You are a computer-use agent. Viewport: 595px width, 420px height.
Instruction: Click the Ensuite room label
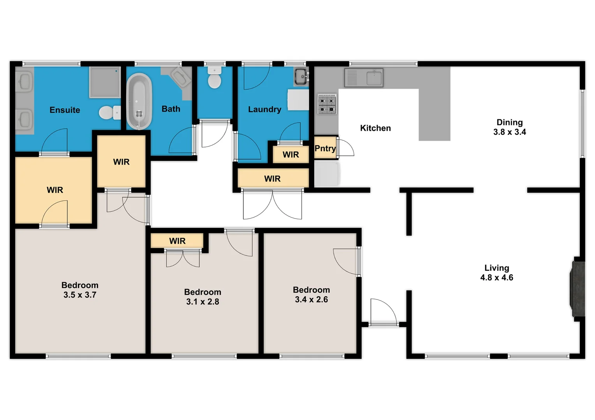[65, 110]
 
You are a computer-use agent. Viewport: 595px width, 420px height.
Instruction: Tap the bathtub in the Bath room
[139, 101]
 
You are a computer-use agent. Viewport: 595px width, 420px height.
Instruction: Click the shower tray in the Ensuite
[105, 82]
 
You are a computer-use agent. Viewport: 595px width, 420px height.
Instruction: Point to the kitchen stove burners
[327, 104]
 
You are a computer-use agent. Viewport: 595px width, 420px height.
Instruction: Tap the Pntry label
[325, 149]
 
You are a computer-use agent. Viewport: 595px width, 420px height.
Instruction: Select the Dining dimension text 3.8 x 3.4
[509, 132]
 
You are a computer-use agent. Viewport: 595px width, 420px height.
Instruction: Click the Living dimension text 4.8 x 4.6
[496, 278]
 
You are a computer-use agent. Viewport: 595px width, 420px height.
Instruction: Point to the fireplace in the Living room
[578, 289]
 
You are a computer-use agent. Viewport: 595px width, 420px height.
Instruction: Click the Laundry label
[264, 110]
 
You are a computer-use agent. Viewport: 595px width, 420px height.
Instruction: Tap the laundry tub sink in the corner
[301, 76]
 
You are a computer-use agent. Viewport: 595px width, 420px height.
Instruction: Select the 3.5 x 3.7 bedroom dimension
[80, 295]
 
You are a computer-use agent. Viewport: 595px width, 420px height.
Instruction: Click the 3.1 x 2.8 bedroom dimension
[202, 302]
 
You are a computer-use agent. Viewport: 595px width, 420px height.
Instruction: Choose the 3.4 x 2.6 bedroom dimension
[311, 300]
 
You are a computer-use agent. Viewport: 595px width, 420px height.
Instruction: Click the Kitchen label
[375, 128]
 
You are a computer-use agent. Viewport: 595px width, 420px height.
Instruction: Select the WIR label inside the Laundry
[290, 155]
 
